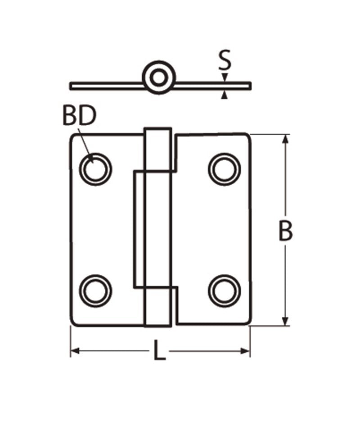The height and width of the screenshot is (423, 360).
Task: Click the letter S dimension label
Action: click(225, 59)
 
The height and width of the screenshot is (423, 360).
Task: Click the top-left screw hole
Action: click(95, 169)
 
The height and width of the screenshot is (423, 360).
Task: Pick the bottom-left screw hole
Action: click(96, 291)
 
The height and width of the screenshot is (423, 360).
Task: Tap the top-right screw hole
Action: click(225, 169)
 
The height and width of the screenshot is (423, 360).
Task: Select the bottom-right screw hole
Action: click(225, 291)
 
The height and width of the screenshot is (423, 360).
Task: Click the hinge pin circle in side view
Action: click(159, 78)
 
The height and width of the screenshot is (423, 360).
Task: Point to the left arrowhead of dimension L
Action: click(75, 351)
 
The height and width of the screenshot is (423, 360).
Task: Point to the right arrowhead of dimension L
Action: click(246, 351)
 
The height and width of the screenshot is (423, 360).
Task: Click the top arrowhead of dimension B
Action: click(286, 139)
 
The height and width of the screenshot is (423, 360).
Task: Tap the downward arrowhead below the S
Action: click(225, 77)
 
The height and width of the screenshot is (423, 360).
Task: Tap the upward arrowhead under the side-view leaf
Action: click(225, 95)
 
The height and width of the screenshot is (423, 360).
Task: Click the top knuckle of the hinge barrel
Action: click(158, 149)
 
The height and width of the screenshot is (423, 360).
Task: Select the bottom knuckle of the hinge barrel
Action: click(158, 307)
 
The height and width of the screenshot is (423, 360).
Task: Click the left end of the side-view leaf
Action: click(71, 86)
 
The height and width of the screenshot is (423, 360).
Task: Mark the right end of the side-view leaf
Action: click(250, 86)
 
